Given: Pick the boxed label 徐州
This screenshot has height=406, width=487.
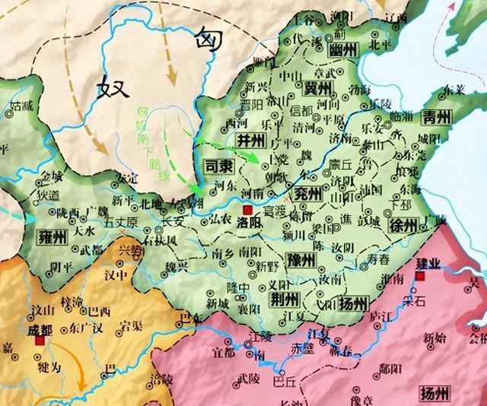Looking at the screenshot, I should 402,226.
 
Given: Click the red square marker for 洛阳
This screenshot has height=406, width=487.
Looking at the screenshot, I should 246,209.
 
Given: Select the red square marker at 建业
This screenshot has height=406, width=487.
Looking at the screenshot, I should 421,277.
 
